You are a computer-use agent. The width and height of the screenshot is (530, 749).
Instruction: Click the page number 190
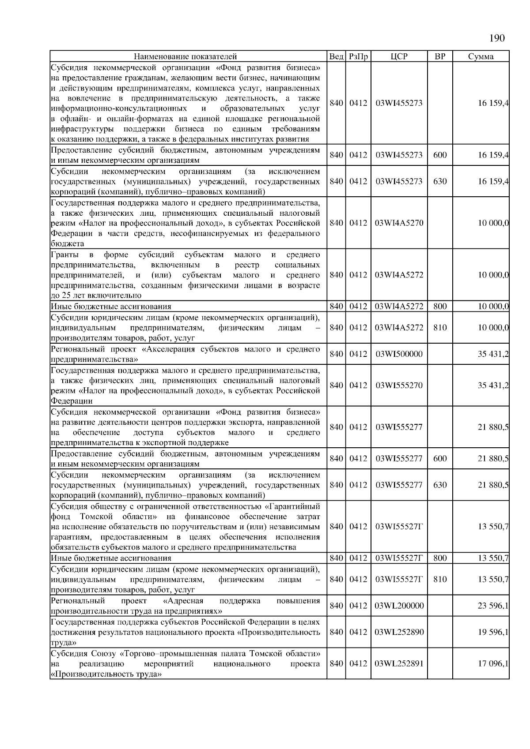tap(497, 38)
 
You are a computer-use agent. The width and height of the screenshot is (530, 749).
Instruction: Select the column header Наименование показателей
tap(185, 56)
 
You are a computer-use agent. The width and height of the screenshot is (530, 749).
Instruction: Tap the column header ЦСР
tap(399, 56)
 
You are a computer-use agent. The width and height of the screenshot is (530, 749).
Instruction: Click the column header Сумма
tap(481, 56)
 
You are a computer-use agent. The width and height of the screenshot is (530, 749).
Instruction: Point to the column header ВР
tap(440, 56)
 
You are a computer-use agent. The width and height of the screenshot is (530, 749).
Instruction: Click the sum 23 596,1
tap(493, 606)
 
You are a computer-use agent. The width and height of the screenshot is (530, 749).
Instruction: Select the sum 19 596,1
tap(493, 632)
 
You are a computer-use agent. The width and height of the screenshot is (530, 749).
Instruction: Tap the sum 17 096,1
tap(493, 663)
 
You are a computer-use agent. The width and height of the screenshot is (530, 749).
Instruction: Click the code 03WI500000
tap(399, 354)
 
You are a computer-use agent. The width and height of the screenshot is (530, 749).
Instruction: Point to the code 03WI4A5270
tap(399, 223)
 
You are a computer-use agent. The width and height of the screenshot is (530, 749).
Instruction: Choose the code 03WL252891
tap(399, 663)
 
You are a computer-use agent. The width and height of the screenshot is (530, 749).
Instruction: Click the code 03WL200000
tap(399, 606)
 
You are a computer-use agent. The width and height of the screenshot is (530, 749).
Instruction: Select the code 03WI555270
tap(399, 385)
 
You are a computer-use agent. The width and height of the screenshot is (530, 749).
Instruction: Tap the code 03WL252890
tap(399, 632)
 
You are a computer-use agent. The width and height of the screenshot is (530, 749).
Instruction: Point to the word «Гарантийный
tap(293, 506)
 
